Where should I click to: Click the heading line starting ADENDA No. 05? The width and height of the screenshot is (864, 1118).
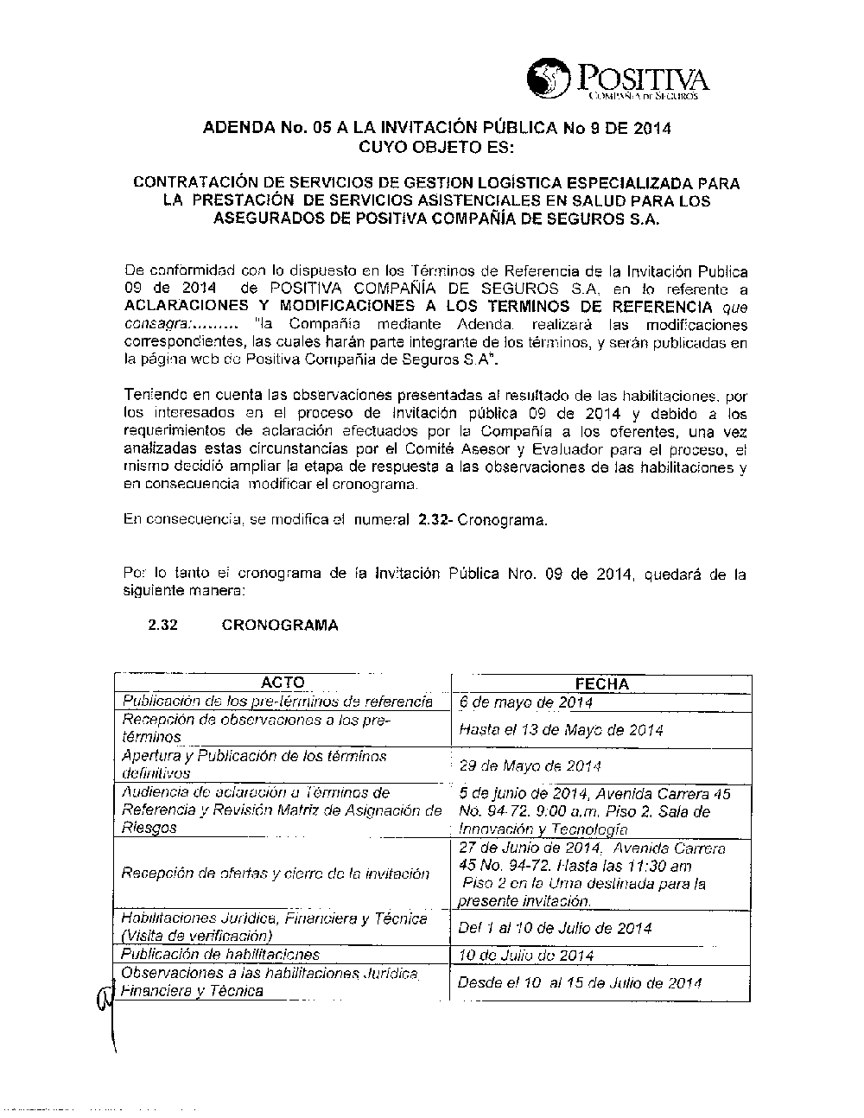tap(436, 129)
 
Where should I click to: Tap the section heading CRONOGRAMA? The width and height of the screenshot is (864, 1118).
tap(280, 626)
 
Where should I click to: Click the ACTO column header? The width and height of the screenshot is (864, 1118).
tap(283, 683)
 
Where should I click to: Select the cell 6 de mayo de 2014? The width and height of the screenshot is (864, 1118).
tap(526, 702)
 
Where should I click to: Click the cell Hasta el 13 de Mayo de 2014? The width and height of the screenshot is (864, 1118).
tap(562, 730)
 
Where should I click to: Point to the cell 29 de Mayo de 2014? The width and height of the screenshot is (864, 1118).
tap(530, 765)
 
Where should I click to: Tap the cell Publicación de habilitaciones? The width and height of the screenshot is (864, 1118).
tap(220, 955)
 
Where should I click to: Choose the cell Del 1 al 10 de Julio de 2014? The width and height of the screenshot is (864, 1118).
tap(555, 929)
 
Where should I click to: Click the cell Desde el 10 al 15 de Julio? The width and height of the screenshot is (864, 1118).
tap(579, 983)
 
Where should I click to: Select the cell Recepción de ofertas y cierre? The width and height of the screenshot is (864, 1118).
tap(276, 873)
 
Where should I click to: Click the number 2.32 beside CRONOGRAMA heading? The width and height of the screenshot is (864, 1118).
tap(163, 626)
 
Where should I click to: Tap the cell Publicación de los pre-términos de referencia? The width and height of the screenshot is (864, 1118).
tap(277, 701)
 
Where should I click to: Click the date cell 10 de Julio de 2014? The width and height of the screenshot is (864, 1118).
tap(526, 956)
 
